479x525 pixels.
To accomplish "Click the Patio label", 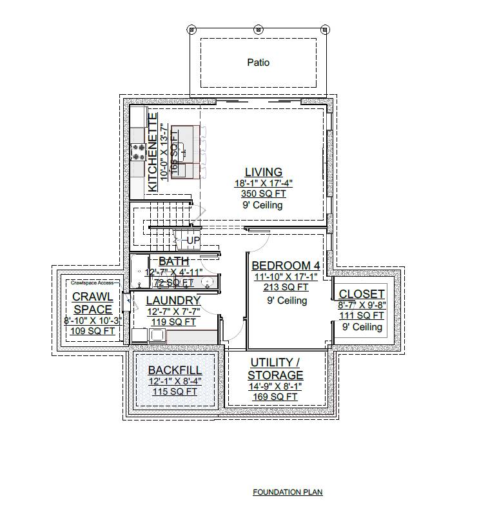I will pos(258,63).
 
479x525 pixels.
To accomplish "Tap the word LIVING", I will pos(263,172).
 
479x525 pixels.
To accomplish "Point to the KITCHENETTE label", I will pos(153,152).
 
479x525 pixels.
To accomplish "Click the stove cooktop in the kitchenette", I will pos(138,153).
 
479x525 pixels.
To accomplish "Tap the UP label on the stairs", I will pos(193,241).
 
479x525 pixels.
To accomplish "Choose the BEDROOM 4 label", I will pos(286,266).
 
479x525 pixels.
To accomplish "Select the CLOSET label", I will pos(362,294).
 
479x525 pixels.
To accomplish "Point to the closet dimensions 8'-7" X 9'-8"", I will pos(362,305).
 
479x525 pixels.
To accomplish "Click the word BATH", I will pos(174,261).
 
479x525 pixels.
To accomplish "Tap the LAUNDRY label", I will pos(173,301).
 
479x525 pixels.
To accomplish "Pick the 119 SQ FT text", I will pos(172,322).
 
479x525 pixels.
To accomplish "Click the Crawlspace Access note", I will pos(92,282).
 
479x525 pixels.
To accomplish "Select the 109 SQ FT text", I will pos(92,331).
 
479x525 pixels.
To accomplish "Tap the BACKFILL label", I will pos(175,370).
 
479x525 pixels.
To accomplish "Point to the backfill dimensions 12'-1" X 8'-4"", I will pos(175,381).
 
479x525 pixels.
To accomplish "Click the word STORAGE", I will pos(276,375).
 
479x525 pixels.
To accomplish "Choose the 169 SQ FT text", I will pos(275,397).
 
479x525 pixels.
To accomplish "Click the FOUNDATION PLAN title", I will pos(288,492).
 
